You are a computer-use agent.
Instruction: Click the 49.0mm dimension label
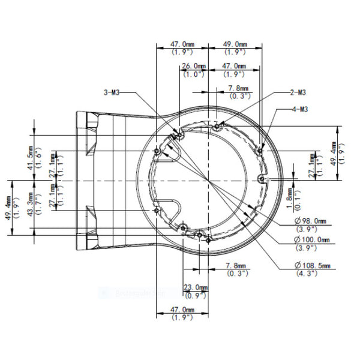[x=235, y=44]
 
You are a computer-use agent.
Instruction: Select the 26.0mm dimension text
[x=194, y=66]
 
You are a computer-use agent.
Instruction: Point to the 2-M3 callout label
[x=298, y=92]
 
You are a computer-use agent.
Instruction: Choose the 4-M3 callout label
[x=300, y=109]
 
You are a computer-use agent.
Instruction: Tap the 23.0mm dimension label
[x=195, y=287]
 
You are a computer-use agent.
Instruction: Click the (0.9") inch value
[x=195, y=295]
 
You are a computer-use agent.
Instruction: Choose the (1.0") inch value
[x=194, y=74]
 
